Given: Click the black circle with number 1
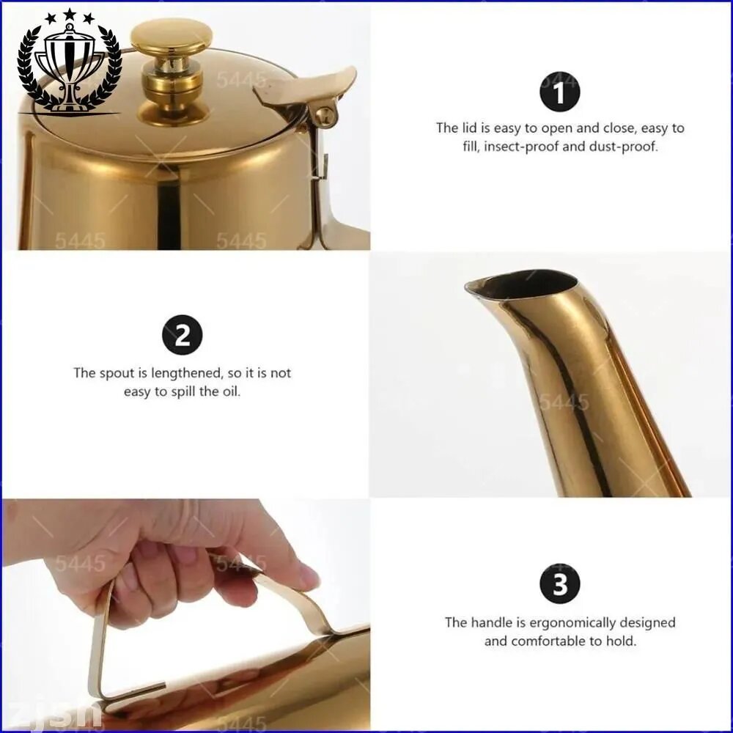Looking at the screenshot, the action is click(x=559, y=92).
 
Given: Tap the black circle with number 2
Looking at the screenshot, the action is click(x=183, y=335).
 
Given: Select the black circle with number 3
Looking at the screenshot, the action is click(x=559, y=584).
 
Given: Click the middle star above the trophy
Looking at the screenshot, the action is click(x=69, y=15).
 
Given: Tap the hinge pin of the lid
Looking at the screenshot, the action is click(x=325, y=115).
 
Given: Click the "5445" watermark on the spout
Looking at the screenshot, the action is click(x=564, y=402).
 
